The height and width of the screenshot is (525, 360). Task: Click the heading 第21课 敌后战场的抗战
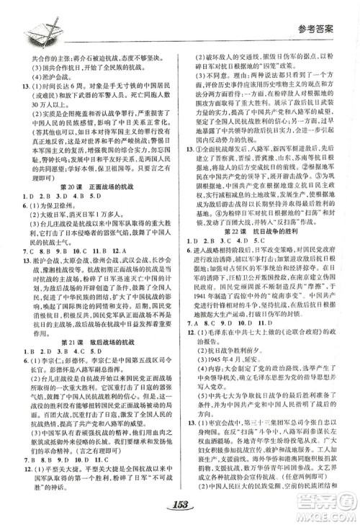click(x=92, y=341)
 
